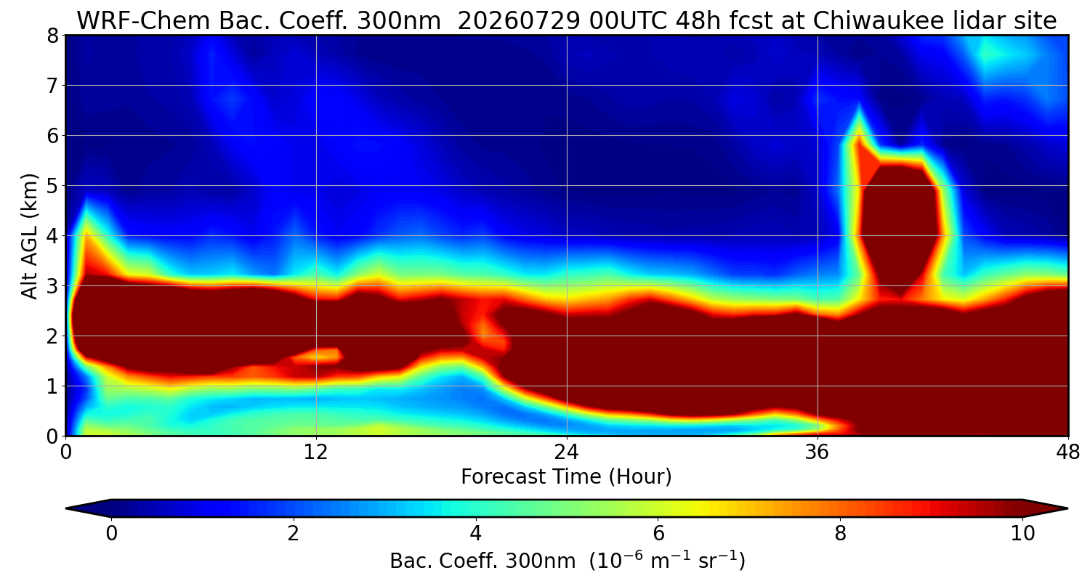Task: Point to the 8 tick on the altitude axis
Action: [x=52, y=36]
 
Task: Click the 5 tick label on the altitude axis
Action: [x=52, y=186]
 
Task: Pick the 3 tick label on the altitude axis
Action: [x=52, y=286]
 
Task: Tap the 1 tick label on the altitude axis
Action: [x=52, y=386]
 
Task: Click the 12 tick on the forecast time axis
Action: [x=316, y=452]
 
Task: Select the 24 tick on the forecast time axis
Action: [x=567, y=452]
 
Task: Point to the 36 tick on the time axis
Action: [x=817, y=452]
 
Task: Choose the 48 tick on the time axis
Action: [x=1068, y=452]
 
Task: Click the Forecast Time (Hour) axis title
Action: [x=566, y=477]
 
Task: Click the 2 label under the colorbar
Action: [x=293, y=534]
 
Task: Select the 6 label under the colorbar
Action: [x=658, y=534]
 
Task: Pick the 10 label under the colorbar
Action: [x=1023, y=534]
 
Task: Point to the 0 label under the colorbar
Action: [x=111, y=534]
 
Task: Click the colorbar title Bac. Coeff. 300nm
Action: [x=483, y=561]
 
